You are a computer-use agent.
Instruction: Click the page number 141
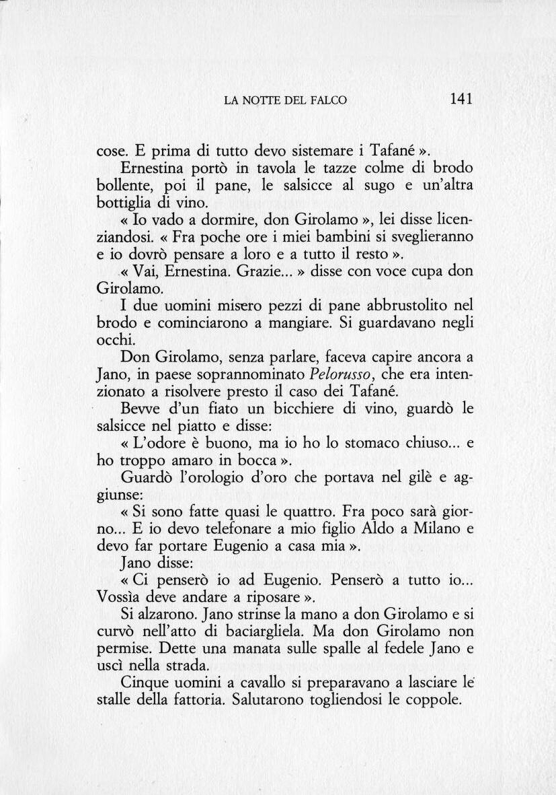pyautogui.click(x=462, y=99)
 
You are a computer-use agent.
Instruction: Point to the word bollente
pyautogui.click(x=123, y=185)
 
